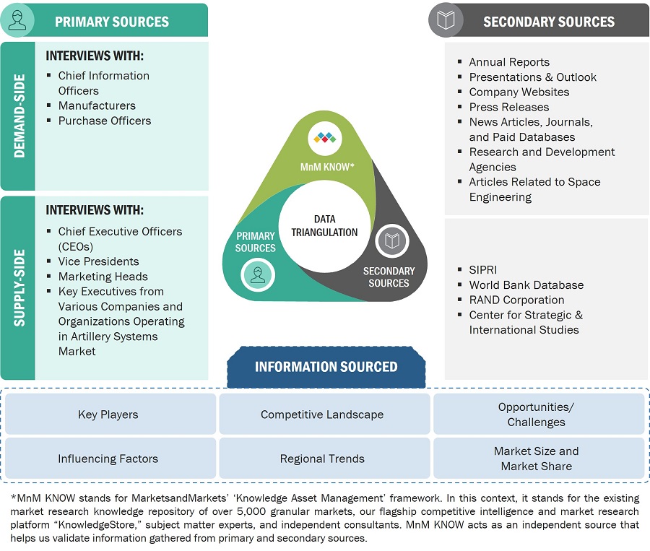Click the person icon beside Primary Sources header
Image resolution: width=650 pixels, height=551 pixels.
click(x=18, y=21)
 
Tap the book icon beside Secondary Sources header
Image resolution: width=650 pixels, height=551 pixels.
click(x=446, y=21)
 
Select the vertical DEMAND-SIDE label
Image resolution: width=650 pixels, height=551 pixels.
click(x=18, y=116)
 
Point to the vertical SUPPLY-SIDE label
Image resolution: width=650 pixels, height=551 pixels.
click(x=18, y=287)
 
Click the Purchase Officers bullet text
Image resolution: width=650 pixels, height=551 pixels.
click(x=105, y=121)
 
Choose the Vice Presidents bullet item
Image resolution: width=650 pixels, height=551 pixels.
click(x=98, y=261)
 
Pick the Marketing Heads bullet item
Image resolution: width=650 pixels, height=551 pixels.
click(x=103, y=277)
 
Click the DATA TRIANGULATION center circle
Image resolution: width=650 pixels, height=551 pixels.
click(x=325, y=225)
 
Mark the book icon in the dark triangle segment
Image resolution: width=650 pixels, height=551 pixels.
click(x=392, y=241)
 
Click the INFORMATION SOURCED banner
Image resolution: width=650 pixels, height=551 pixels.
click(x=326, y=367)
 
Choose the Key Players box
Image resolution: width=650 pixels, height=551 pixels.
click(x=108, y=415)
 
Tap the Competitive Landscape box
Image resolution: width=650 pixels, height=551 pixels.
click(x=322, y=415)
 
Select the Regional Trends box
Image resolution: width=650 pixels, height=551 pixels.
click(x=322, y=459)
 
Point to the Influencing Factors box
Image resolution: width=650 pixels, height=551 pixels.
click(x=108, y=459)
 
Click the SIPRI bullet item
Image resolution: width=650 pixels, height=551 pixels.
click(x=483, y=269)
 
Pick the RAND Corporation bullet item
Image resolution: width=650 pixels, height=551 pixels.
click(x=516, y=300)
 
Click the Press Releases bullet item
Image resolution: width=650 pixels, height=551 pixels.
click(x=508, y=107)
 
